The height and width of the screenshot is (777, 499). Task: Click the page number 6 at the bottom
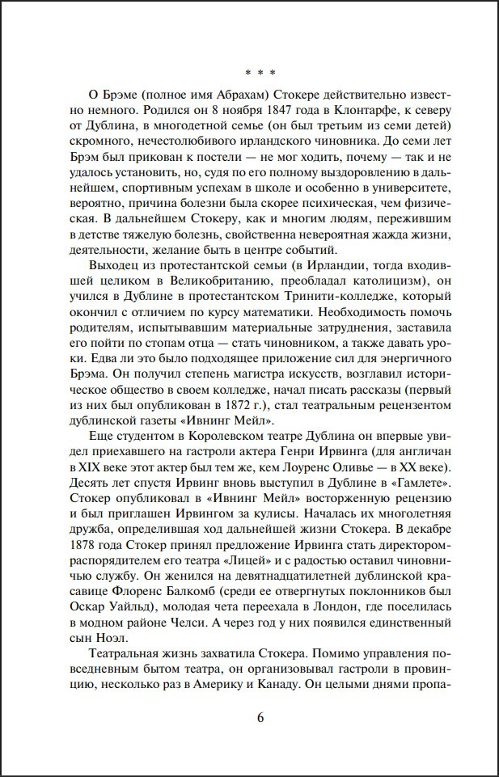click(x=260, y=719)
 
